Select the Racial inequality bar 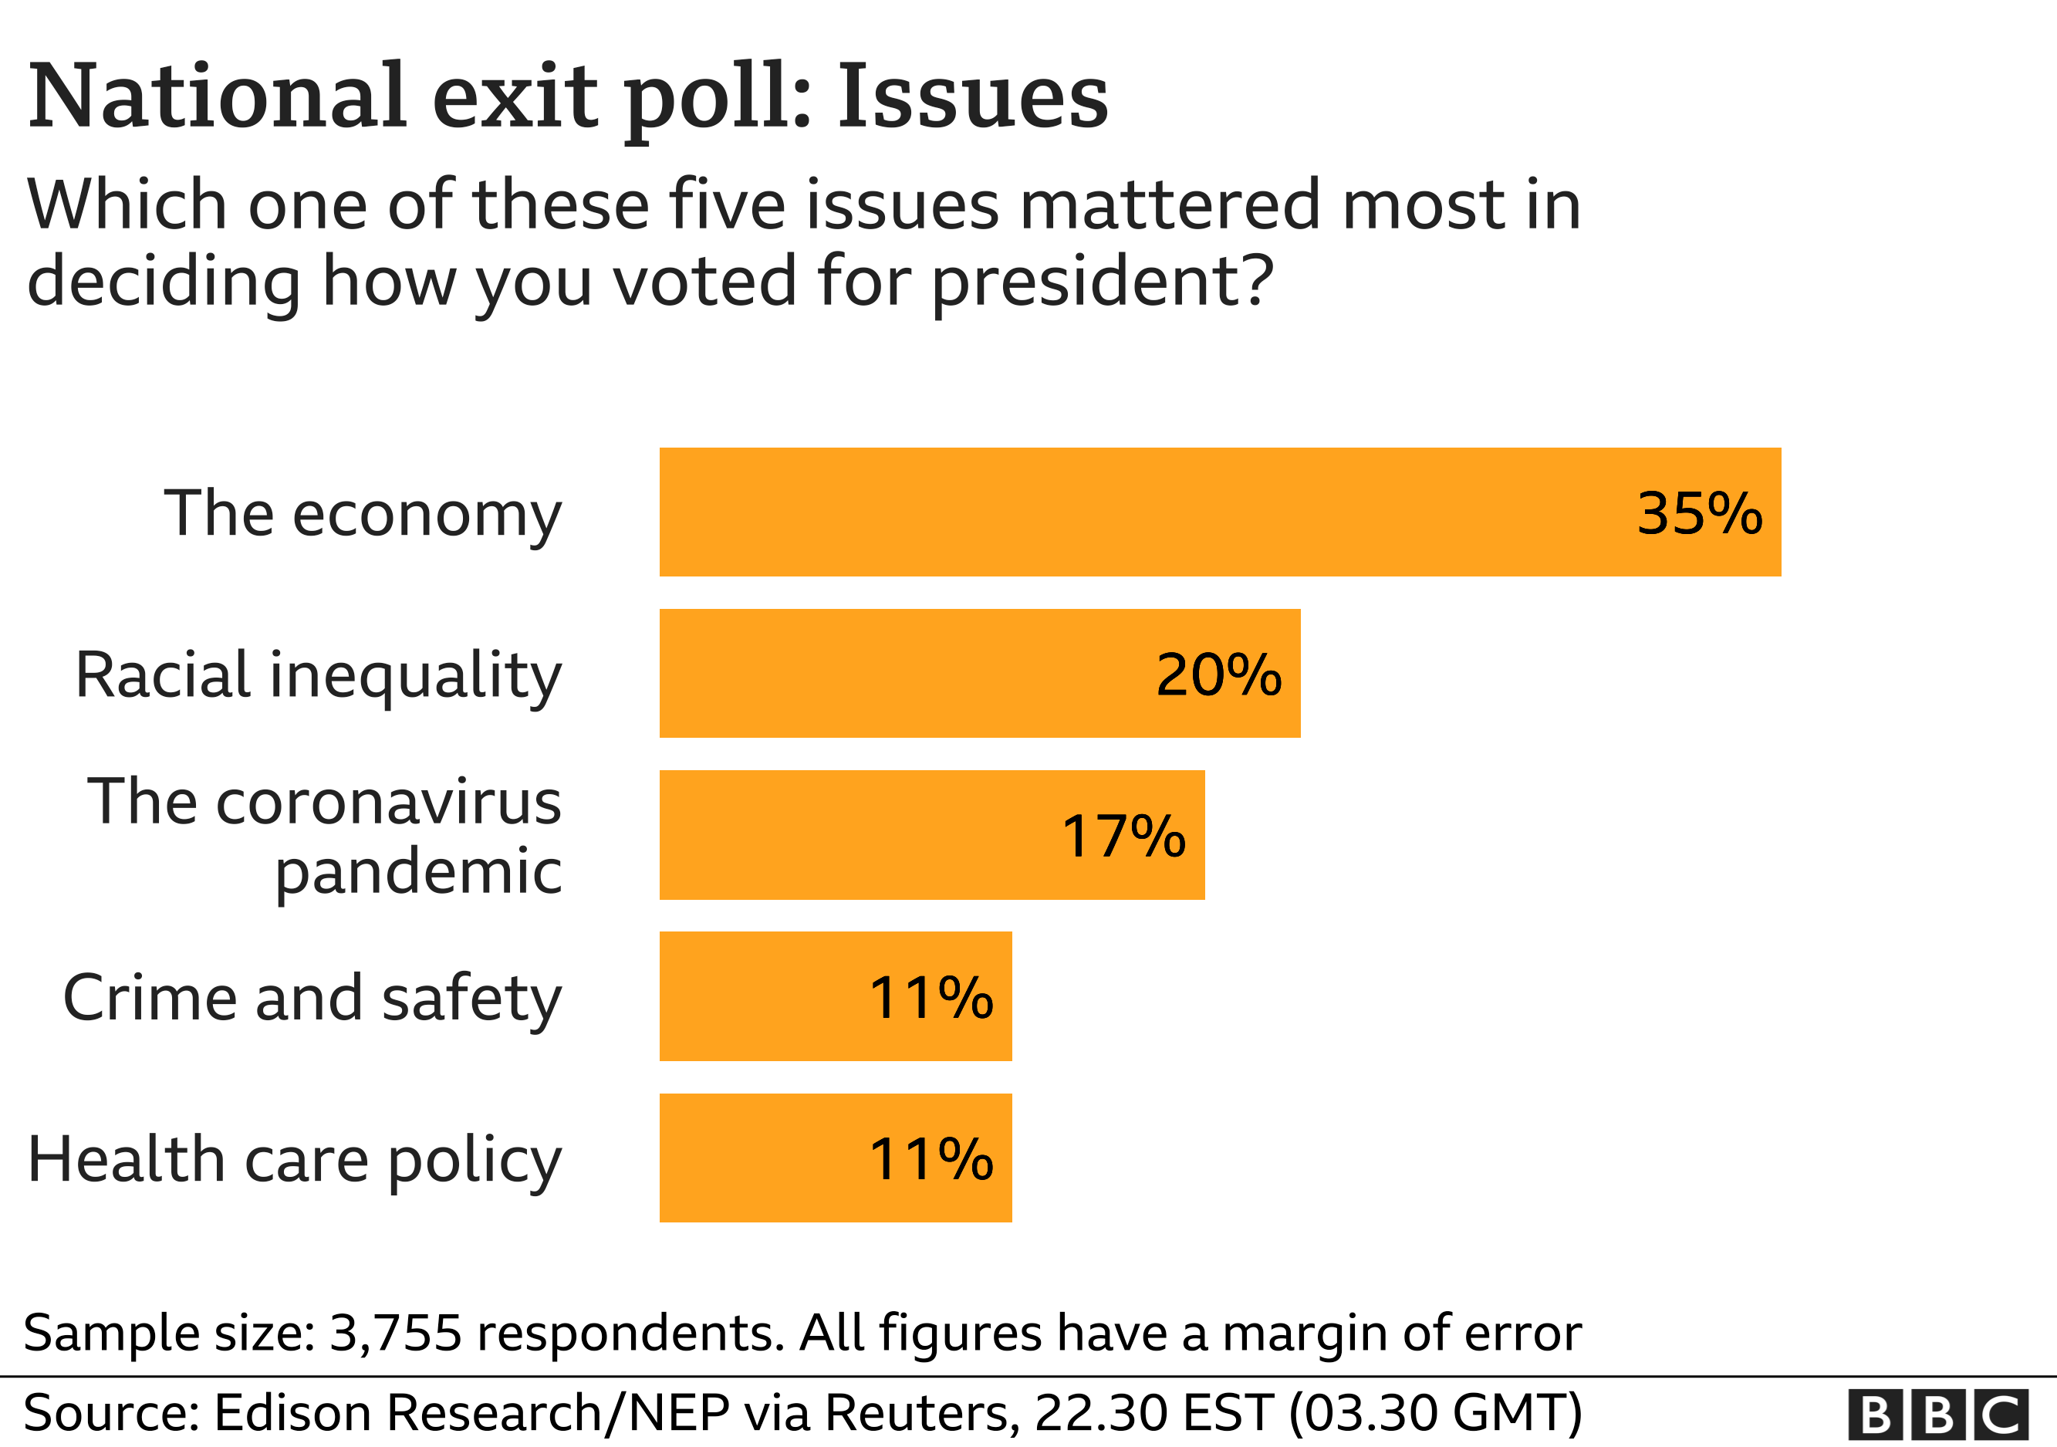pos(979,673)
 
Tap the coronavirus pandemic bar pos(932,834)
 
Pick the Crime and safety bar pos(835,996)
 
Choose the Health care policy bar pos(835,1157)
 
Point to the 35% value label pos(1699,513)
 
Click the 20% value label pos(1218,674)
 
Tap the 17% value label pos(1123,836)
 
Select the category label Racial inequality pos(318,674)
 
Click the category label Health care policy pos(295,1160)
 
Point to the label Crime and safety pos(312,998)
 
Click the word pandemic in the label pos(417,871)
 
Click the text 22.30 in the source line pos(1101,1413)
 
